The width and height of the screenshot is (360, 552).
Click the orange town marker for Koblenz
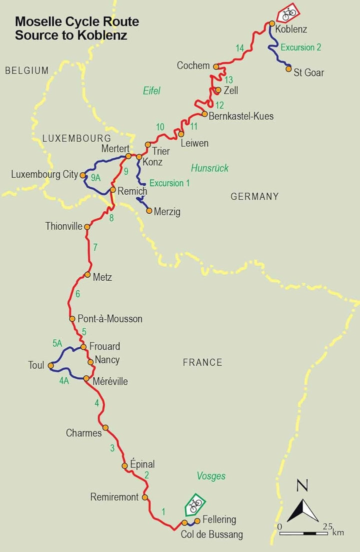click(272, 24)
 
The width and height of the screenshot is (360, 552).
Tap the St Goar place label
click(308, 73)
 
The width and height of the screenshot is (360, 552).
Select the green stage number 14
click(240, 48)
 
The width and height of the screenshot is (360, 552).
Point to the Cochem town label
click(193, 66)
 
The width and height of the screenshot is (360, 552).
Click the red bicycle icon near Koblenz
click(288, 13)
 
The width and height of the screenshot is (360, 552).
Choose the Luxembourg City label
click(44, 175)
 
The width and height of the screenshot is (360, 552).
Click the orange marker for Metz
click(87, 275)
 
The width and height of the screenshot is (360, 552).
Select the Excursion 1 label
click(169, 183)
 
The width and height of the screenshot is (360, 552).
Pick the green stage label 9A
click(95, 177)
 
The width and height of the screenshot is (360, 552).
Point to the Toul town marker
click(50, 366)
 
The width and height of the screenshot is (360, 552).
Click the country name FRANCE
click(202, 362)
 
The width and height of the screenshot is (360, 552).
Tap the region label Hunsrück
click(209, 168)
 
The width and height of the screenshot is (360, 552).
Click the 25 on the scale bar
click(327, 526)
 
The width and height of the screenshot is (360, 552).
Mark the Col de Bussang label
click(211, 534)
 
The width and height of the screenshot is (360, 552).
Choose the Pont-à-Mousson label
click(110, 319)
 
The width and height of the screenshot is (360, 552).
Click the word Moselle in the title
click(35, 22)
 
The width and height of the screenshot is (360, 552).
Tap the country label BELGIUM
click(27, 71)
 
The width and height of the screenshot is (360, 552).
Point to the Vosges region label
click(211, 476)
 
